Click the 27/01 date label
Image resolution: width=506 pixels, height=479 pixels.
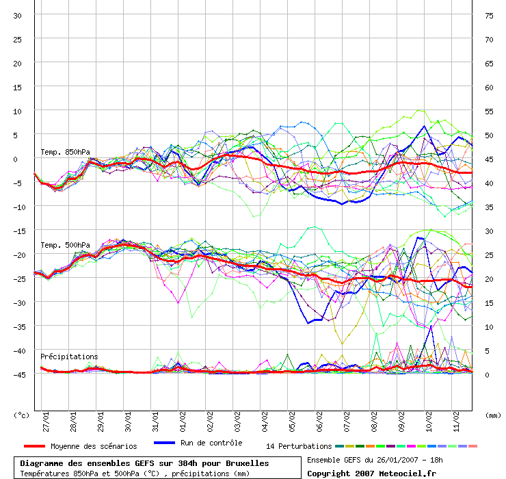pos(46,422)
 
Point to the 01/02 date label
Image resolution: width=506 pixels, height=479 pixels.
pos(183,422)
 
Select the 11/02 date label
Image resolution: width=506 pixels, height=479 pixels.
pos(456,422)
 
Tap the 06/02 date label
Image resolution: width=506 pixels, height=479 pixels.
pos(319,422)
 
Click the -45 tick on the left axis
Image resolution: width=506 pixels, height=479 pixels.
pos(19,375)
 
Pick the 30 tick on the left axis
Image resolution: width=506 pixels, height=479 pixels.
pos(17,16)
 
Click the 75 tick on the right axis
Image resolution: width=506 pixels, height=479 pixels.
pos(489,16)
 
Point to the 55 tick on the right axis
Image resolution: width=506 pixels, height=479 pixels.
pos(489,112)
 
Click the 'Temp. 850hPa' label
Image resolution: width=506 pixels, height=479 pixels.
pos(65,152)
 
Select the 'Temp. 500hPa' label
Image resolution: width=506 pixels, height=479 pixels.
pos(65,245)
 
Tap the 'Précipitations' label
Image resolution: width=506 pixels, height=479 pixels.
pos(69,357)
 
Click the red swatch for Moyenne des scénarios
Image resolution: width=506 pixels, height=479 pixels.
pos(34,446)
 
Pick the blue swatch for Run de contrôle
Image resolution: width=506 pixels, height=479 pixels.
pos(164,443)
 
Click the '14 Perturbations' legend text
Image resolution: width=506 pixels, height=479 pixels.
pos(299,446)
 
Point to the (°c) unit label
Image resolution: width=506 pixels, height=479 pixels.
pos(21,415)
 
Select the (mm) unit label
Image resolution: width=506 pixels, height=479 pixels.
pos(493,415)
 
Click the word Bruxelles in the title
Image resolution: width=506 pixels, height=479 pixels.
pos(248,463)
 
